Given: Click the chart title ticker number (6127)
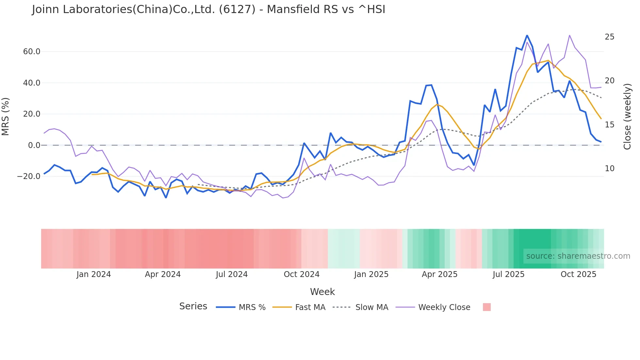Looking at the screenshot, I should coord(237,9).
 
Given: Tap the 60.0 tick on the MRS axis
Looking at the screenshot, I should coord(32,52).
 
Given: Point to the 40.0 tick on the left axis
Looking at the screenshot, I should coord(32,83).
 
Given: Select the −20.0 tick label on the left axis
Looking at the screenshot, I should coord(29,176).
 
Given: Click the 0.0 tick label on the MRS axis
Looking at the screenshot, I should coord(34,145).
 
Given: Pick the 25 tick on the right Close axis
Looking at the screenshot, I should coord(609,37).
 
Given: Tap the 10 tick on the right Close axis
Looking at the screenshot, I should coord(609,169).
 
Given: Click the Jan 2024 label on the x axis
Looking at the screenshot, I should coord(94,274).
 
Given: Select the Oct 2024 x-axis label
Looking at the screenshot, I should coord(301,274).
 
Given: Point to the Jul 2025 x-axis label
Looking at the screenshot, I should coord(508,274).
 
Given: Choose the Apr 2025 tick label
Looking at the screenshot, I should coord(440,274).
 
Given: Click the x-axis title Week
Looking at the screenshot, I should coord(322,292).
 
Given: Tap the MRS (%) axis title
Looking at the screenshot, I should coord(6,116).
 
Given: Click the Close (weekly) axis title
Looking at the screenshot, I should coord(627,117).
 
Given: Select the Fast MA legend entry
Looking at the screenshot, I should coord(310,307).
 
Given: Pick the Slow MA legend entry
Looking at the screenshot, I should coord(372,307).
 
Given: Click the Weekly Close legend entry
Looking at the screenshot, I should coord(444,307).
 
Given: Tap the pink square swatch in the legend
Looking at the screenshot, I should coord(487,307).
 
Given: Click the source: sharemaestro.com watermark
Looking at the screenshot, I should coord(578,256).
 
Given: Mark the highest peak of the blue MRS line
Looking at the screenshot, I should coord(527,35).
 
